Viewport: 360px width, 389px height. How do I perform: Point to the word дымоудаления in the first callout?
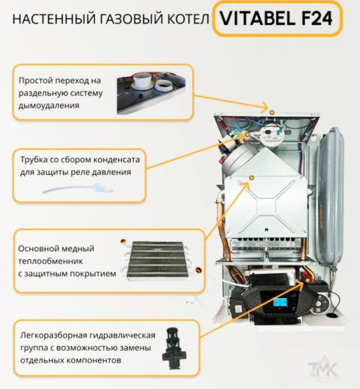(54, 104)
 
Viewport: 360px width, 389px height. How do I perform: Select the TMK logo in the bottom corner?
(335, 371)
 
